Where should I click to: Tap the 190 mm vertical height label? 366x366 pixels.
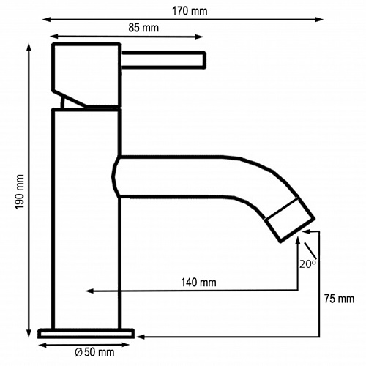pos(20,193)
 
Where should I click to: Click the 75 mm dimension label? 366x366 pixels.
pos(338,299)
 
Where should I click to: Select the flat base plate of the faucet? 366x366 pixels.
pos(86,334)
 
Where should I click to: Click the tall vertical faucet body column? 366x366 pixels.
pos(86,220)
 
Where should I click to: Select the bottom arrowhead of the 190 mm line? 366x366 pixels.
pos(29,334)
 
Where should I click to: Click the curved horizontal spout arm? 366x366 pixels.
pos(190,177)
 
